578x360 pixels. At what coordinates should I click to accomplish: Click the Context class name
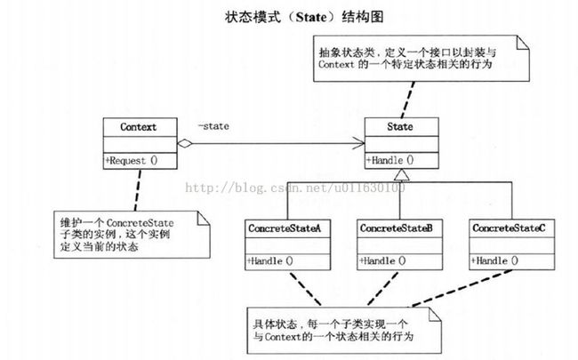(x=138, y=127)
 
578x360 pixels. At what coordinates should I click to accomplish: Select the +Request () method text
(x=132, y=161)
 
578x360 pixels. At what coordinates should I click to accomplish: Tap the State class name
(x=400, y=127)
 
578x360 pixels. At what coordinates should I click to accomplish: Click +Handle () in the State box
(x=390, y=160)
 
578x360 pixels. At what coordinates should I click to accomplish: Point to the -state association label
(x=213, y=126)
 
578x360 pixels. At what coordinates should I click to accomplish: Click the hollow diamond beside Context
(x=185, y=144)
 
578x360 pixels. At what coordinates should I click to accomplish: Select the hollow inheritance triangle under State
(x=401, y=174)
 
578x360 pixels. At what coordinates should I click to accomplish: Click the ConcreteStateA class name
(x=285, y=228)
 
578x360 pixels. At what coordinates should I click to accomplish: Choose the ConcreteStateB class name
(x=397, y=228)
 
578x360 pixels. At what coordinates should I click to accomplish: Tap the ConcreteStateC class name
(x=509, y=228)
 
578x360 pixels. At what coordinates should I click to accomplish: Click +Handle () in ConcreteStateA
(x=270, y=260)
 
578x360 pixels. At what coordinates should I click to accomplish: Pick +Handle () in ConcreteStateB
(x=382, y=260)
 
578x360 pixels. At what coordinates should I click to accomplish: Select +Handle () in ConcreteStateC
(x=494, y=260)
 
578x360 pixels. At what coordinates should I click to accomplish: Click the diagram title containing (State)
(x=304, y=17)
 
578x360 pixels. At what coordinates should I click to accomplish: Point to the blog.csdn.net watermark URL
(x=295, y=188)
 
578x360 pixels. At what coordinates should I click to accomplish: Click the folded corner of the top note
(x=524, y=43)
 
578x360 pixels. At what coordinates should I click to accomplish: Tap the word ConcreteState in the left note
(x=140, y=223)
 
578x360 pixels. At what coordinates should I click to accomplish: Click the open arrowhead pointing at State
(x=359, y=143)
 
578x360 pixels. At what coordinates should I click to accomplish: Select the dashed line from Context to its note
(x=138, y=190)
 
